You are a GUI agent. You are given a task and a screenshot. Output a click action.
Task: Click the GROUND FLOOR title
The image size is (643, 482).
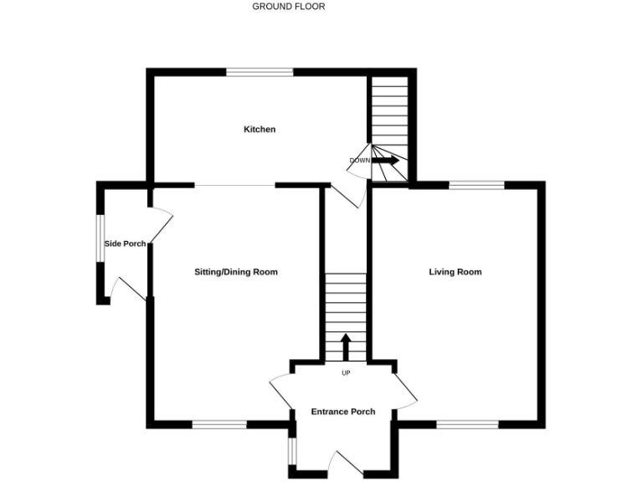tap(289, 7)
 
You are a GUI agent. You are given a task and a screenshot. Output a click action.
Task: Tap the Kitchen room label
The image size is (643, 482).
tap(260, 130)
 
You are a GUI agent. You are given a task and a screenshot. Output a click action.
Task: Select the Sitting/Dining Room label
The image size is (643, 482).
tap(236, 272)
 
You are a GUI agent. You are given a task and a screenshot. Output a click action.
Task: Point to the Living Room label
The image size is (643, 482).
tap(455, 272)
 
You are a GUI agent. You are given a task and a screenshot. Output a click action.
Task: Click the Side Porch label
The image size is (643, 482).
tap(125, 244)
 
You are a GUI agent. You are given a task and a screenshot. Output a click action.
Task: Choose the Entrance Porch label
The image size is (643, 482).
tap(343, 412)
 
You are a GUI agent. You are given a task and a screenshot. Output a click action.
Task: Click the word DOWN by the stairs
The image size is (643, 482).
tap(360, 161)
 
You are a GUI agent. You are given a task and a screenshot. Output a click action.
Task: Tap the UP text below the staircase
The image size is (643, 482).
tap(346, 373)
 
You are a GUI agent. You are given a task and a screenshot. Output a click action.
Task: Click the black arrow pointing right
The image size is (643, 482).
tap(386, 160)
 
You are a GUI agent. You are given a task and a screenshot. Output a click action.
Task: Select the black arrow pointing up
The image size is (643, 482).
tap(346, 346)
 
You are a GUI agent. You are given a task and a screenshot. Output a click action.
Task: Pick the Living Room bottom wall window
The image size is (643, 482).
tap(467, 424)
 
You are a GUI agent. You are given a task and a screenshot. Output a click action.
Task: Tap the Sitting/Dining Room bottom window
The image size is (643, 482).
tap(219, 424)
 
